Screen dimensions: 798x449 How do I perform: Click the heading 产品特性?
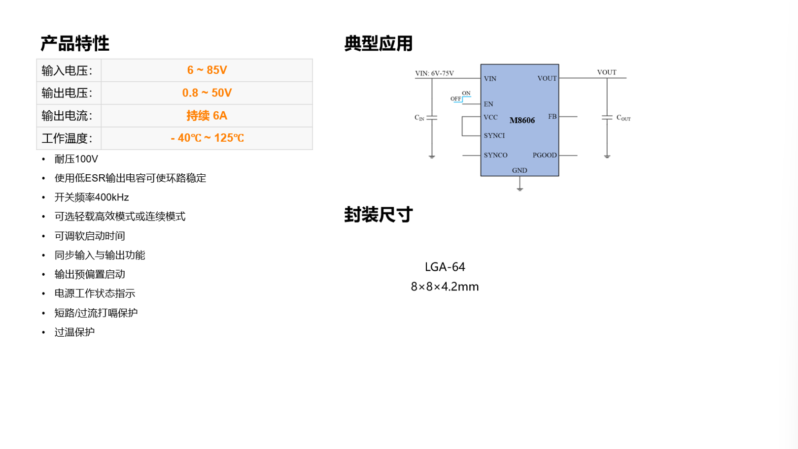(x=75, y=43)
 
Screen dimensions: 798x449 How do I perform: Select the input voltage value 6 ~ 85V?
(x=207, y=70)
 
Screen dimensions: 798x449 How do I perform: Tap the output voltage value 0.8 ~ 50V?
(x=207, y=93)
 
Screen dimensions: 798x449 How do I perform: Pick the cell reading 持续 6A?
(x=207, y=116)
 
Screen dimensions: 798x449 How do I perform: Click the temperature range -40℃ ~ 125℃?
(x=208, y=138)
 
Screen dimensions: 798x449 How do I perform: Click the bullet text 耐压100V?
(x=76, y=159)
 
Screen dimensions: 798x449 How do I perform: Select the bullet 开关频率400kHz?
(x=92, y=197)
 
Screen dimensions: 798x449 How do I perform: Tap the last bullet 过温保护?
(x=74, y=332)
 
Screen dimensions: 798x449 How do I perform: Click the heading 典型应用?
(x=379, y=43)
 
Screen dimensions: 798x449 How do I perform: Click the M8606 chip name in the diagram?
(x=522, y=121)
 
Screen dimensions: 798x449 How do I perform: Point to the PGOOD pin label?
(x=544, y=155)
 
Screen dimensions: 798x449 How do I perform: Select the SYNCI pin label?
(x=494, y=135)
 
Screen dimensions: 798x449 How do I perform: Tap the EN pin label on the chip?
(x=488, y=104)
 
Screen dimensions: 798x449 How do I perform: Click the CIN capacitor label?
(x=419, y=118)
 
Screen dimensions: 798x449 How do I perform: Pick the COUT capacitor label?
(x=624, y=118)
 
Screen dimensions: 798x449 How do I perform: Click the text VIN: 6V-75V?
(x=434, y=73)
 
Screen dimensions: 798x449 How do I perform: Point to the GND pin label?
(x=520, y=170)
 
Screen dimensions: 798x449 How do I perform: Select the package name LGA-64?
(x=445, y=267)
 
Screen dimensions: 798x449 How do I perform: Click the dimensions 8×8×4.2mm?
(x=445, y=287)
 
